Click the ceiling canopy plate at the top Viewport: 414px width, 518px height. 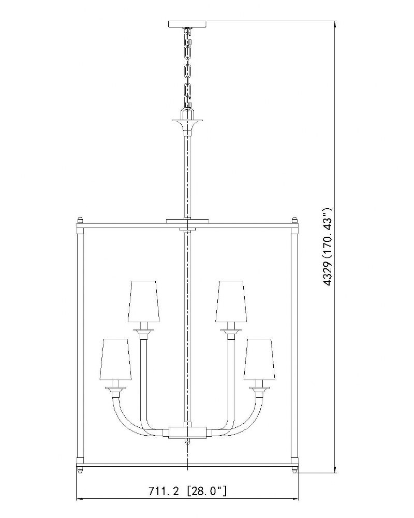[187, 24]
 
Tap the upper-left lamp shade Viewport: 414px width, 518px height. [144, 301]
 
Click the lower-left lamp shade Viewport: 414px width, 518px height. [115, 359]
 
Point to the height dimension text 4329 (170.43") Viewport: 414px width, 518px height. [327, 247]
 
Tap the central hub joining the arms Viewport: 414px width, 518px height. [187, 432]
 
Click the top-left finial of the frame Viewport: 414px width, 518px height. [80, 220]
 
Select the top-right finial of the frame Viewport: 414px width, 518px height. [295, 220]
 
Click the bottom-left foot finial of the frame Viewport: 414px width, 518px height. [80, 469]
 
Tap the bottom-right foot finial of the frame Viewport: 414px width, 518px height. [295, 469]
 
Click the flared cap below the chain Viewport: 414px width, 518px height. [187, 124]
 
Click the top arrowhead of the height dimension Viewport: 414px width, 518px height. [335, 24]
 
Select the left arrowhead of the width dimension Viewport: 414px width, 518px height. [80, 508]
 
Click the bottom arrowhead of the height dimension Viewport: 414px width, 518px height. [335, 469]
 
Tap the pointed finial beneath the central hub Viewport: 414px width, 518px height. [187, 441]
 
